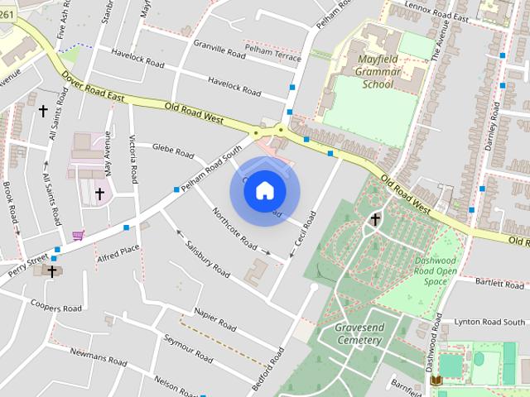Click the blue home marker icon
pos(264,191)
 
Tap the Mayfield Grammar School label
pos(378,72)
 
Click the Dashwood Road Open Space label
pos(436,270)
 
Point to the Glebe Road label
pos(173,151)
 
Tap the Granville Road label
pos(219,49)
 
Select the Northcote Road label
pos(234,228)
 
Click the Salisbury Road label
pos(208,258)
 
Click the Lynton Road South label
pos(490,321)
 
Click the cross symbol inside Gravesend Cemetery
pos(375,219)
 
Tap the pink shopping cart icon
pos(78,236)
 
